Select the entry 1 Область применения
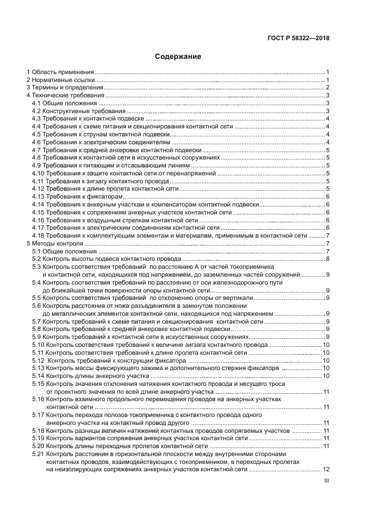coord(60,73)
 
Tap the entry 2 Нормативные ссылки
coord(60,80)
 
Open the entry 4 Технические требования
coord(62,96)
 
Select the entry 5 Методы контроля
coord(54,243)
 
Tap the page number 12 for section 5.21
coord(326,470)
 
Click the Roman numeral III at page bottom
coord(326,481)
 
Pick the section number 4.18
coord(38,235)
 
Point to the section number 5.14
coord(38,376)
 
